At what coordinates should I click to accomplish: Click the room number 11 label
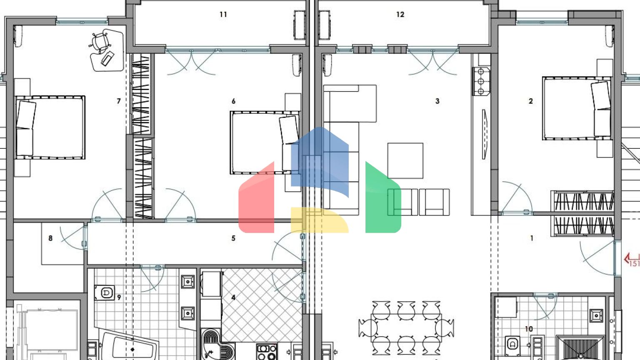click(223, 15)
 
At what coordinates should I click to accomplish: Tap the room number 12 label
click(400, 15)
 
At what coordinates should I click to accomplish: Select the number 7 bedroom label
click(119, 101)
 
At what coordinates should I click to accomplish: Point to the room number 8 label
click(50, 238)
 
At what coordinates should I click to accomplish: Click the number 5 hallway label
click(233, 238)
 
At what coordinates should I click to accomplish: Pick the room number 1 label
click(532, 238)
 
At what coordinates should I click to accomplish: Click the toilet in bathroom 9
click(105, 292)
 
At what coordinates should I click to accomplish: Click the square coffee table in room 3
click(405, 161)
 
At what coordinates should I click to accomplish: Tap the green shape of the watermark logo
click(383, 197)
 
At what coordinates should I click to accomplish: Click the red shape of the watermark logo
click(256, 197)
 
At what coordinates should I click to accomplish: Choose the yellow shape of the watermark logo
click(320, 220)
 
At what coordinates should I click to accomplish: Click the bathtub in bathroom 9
click(129, 346)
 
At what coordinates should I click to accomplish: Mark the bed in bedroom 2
click(577, 108)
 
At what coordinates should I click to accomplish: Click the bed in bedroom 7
click(50, 127)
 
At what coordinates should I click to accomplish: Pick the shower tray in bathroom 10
click(580, 349)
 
